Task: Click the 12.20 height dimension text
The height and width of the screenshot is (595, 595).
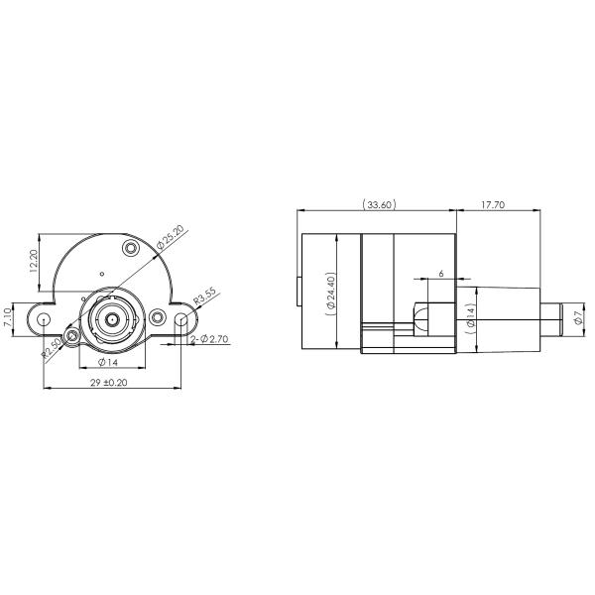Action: point(33,266)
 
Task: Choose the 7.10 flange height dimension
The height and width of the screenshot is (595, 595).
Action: point(8,318)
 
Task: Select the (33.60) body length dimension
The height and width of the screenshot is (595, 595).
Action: point(380,205)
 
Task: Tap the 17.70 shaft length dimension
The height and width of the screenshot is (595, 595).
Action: point(493,205)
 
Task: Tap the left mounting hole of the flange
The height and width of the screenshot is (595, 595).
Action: point(45,319)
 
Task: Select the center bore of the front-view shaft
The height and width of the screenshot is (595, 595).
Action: point(112,319)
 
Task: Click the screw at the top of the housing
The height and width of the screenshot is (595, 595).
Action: point(130,247)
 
